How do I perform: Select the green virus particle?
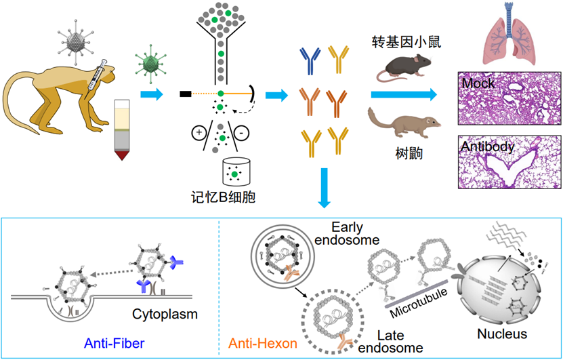(x=149, y=63)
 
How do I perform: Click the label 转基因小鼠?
(x=402, y=42)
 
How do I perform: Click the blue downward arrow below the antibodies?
(x=325, y=187)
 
